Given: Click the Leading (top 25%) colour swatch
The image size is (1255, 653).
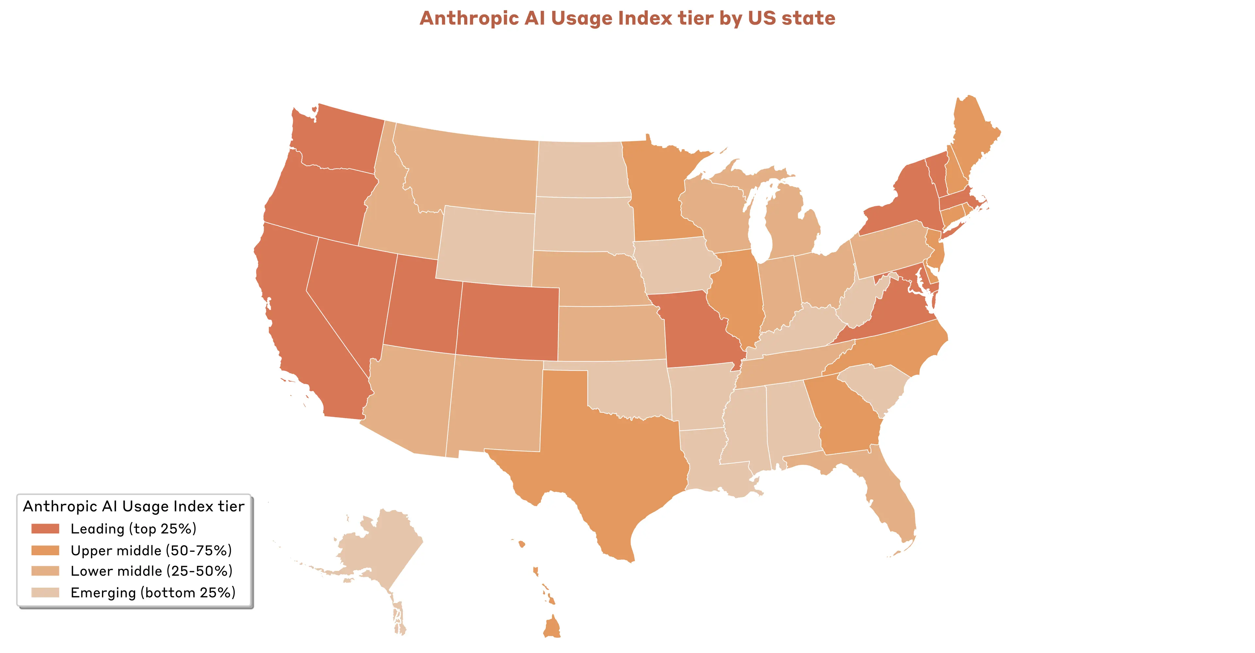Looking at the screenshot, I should point(45,529).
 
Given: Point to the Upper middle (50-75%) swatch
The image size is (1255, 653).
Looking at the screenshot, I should point(45,550).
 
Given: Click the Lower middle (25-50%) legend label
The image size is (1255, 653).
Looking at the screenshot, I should point(151,571).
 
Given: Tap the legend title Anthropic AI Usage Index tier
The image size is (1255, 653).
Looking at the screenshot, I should point(133,506).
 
